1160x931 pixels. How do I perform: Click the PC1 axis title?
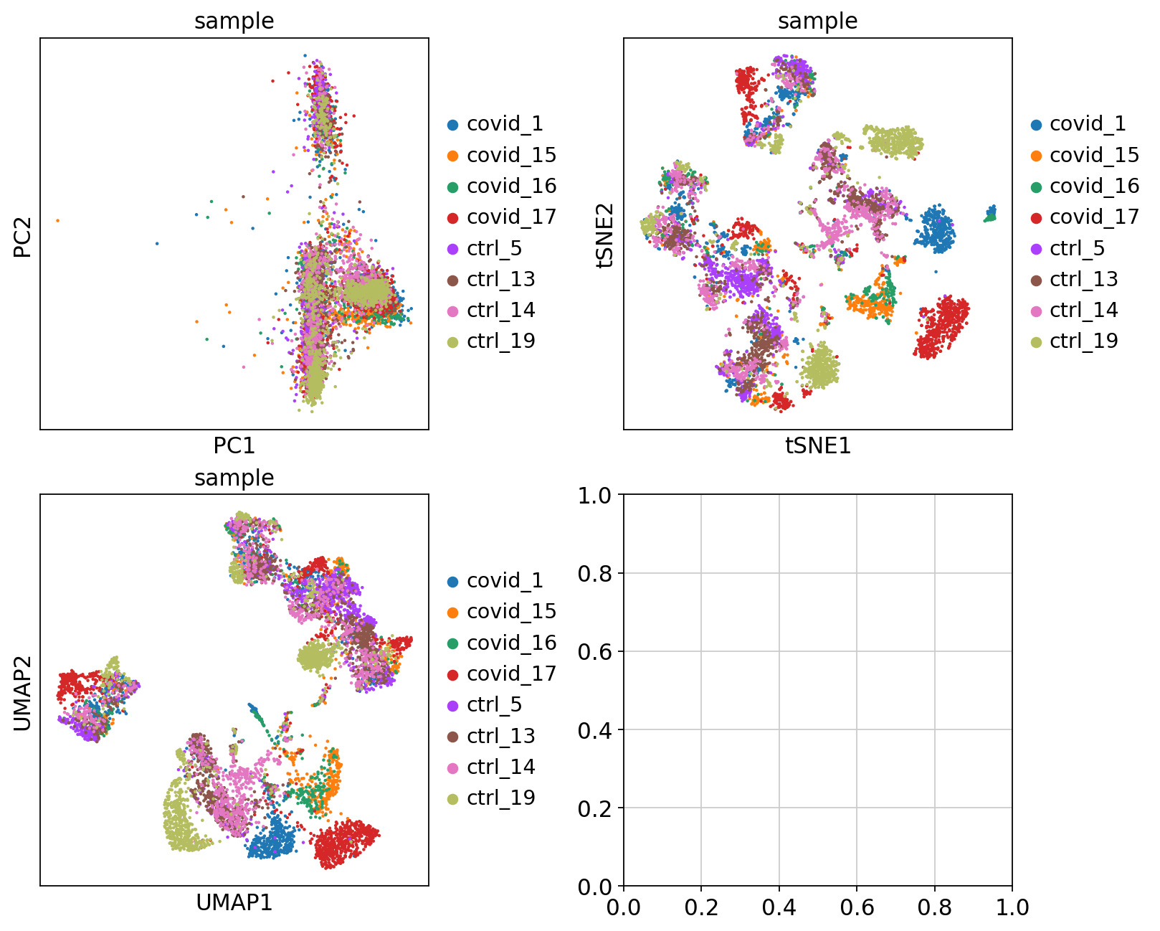click(234, 445)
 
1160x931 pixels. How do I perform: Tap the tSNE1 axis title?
click(817, 445)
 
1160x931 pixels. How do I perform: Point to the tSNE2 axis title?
click(606, 234)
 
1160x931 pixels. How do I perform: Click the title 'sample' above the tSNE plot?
click(817, 21)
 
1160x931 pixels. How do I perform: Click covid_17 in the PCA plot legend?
click(511, 217)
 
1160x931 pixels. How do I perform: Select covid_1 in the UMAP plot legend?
click(505, 580)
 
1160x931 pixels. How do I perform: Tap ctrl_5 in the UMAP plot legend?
click(494, 704)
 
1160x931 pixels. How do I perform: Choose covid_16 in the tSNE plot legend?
click(1094, 186)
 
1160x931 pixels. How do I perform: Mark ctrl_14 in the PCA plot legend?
click(500, 310)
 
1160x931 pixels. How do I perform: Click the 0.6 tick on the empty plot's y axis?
click(596, 651)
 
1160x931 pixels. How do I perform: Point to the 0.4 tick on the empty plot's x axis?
click(779, 907)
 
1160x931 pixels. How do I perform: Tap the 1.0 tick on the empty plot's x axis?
click(1012, 907)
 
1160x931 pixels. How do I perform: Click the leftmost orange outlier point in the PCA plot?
click(58, 220)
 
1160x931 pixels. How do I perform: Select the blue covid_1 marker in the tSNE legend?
click(1036, 124)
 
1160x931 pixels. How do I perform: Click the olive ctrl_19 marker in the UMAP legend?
click(453, 798)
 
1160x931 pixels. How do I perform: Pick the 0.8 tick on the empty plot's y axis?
click(596, 573)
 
